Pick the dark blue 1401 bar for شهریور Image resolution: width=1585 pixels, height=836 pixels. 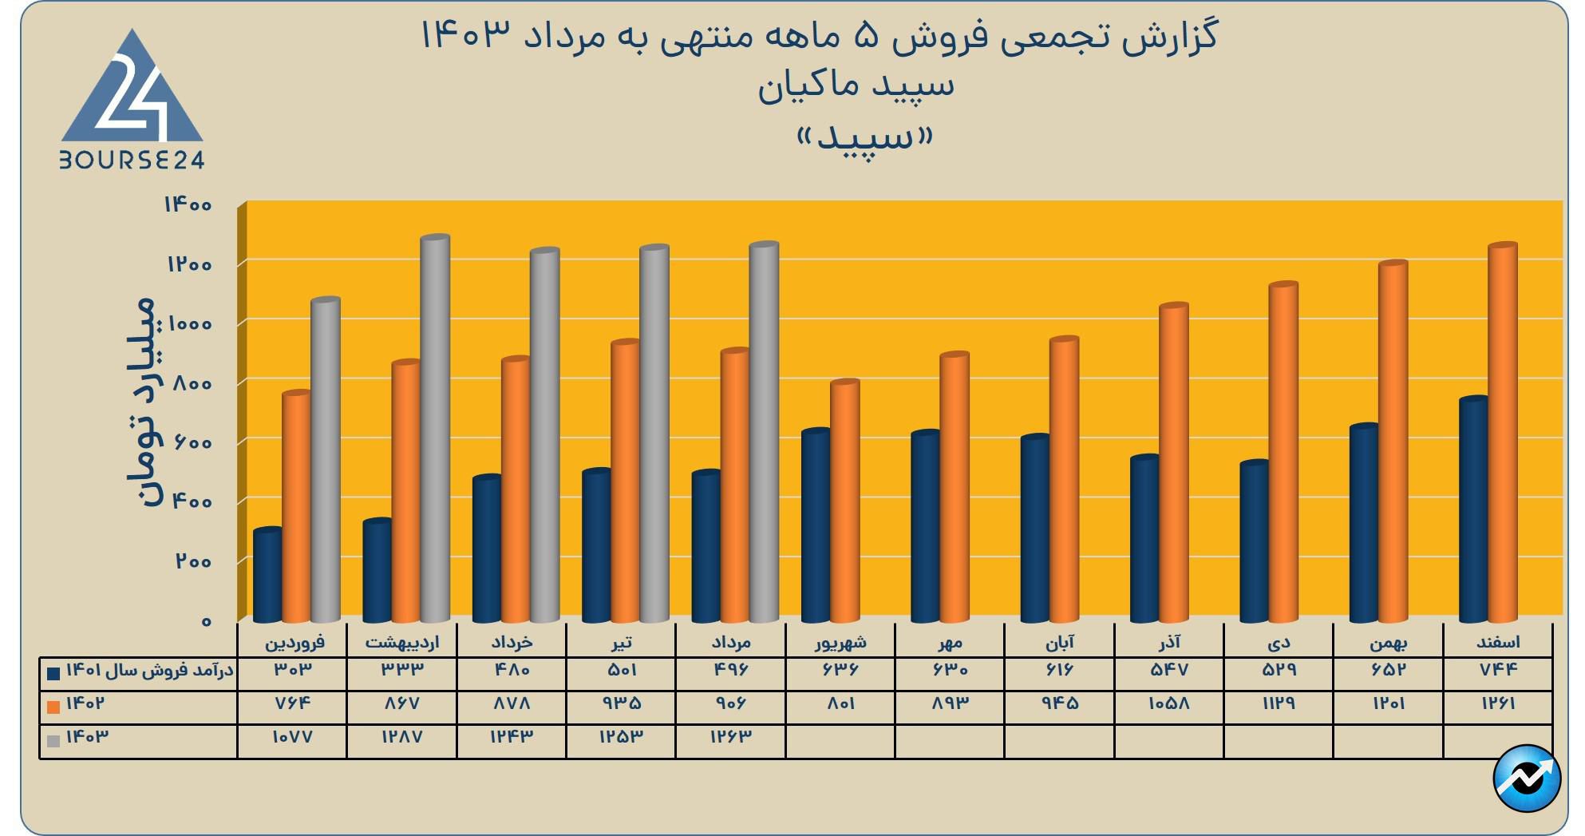816,526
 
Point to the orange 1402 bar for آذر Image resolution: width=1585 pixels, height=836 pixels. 1174,464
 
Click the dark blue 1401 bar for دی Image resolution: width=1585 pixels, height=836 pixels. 1254,542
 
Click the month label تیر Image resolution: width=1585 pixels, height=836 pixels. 621,642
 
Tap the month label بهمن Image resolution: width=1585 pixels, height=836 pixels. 1389,642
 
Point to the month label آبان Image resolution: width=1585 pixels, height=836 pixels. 1060,642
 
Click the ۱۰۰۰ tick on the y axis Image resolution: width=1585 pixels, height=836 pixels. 189,323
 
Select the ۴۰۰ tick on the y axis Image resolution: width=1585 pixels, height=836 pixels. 191,501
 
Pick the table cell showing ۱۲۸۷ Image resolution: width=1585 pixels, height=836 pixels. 401,737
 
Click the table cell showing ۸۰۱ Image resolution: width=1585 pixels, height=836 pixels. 840,703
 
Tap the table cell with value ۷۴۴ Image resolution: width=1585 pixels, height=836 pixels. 1498,670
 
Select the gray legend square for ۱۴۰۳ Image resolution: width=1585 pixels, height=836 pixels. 53,740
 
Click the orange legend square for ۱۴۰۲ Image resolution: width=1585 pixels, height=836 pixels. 53,707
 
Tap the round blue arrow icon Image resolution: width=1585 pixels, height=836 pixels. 1527,779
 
